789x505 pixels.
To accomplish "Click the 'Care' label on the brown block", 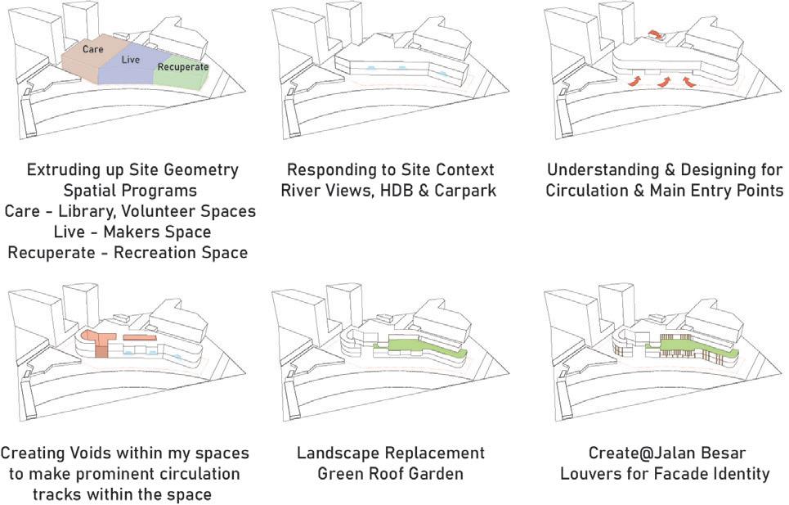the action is point(92,49).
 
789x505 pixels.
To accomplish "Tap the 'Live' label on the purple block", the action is point(130,60).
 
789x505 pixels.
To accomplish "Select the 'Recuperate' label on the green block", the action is point(182,66).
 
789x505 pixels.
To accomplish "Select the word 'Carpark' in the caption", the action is point(464,191).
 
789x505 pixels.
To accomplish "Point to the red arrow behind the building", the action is point(656,34).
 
